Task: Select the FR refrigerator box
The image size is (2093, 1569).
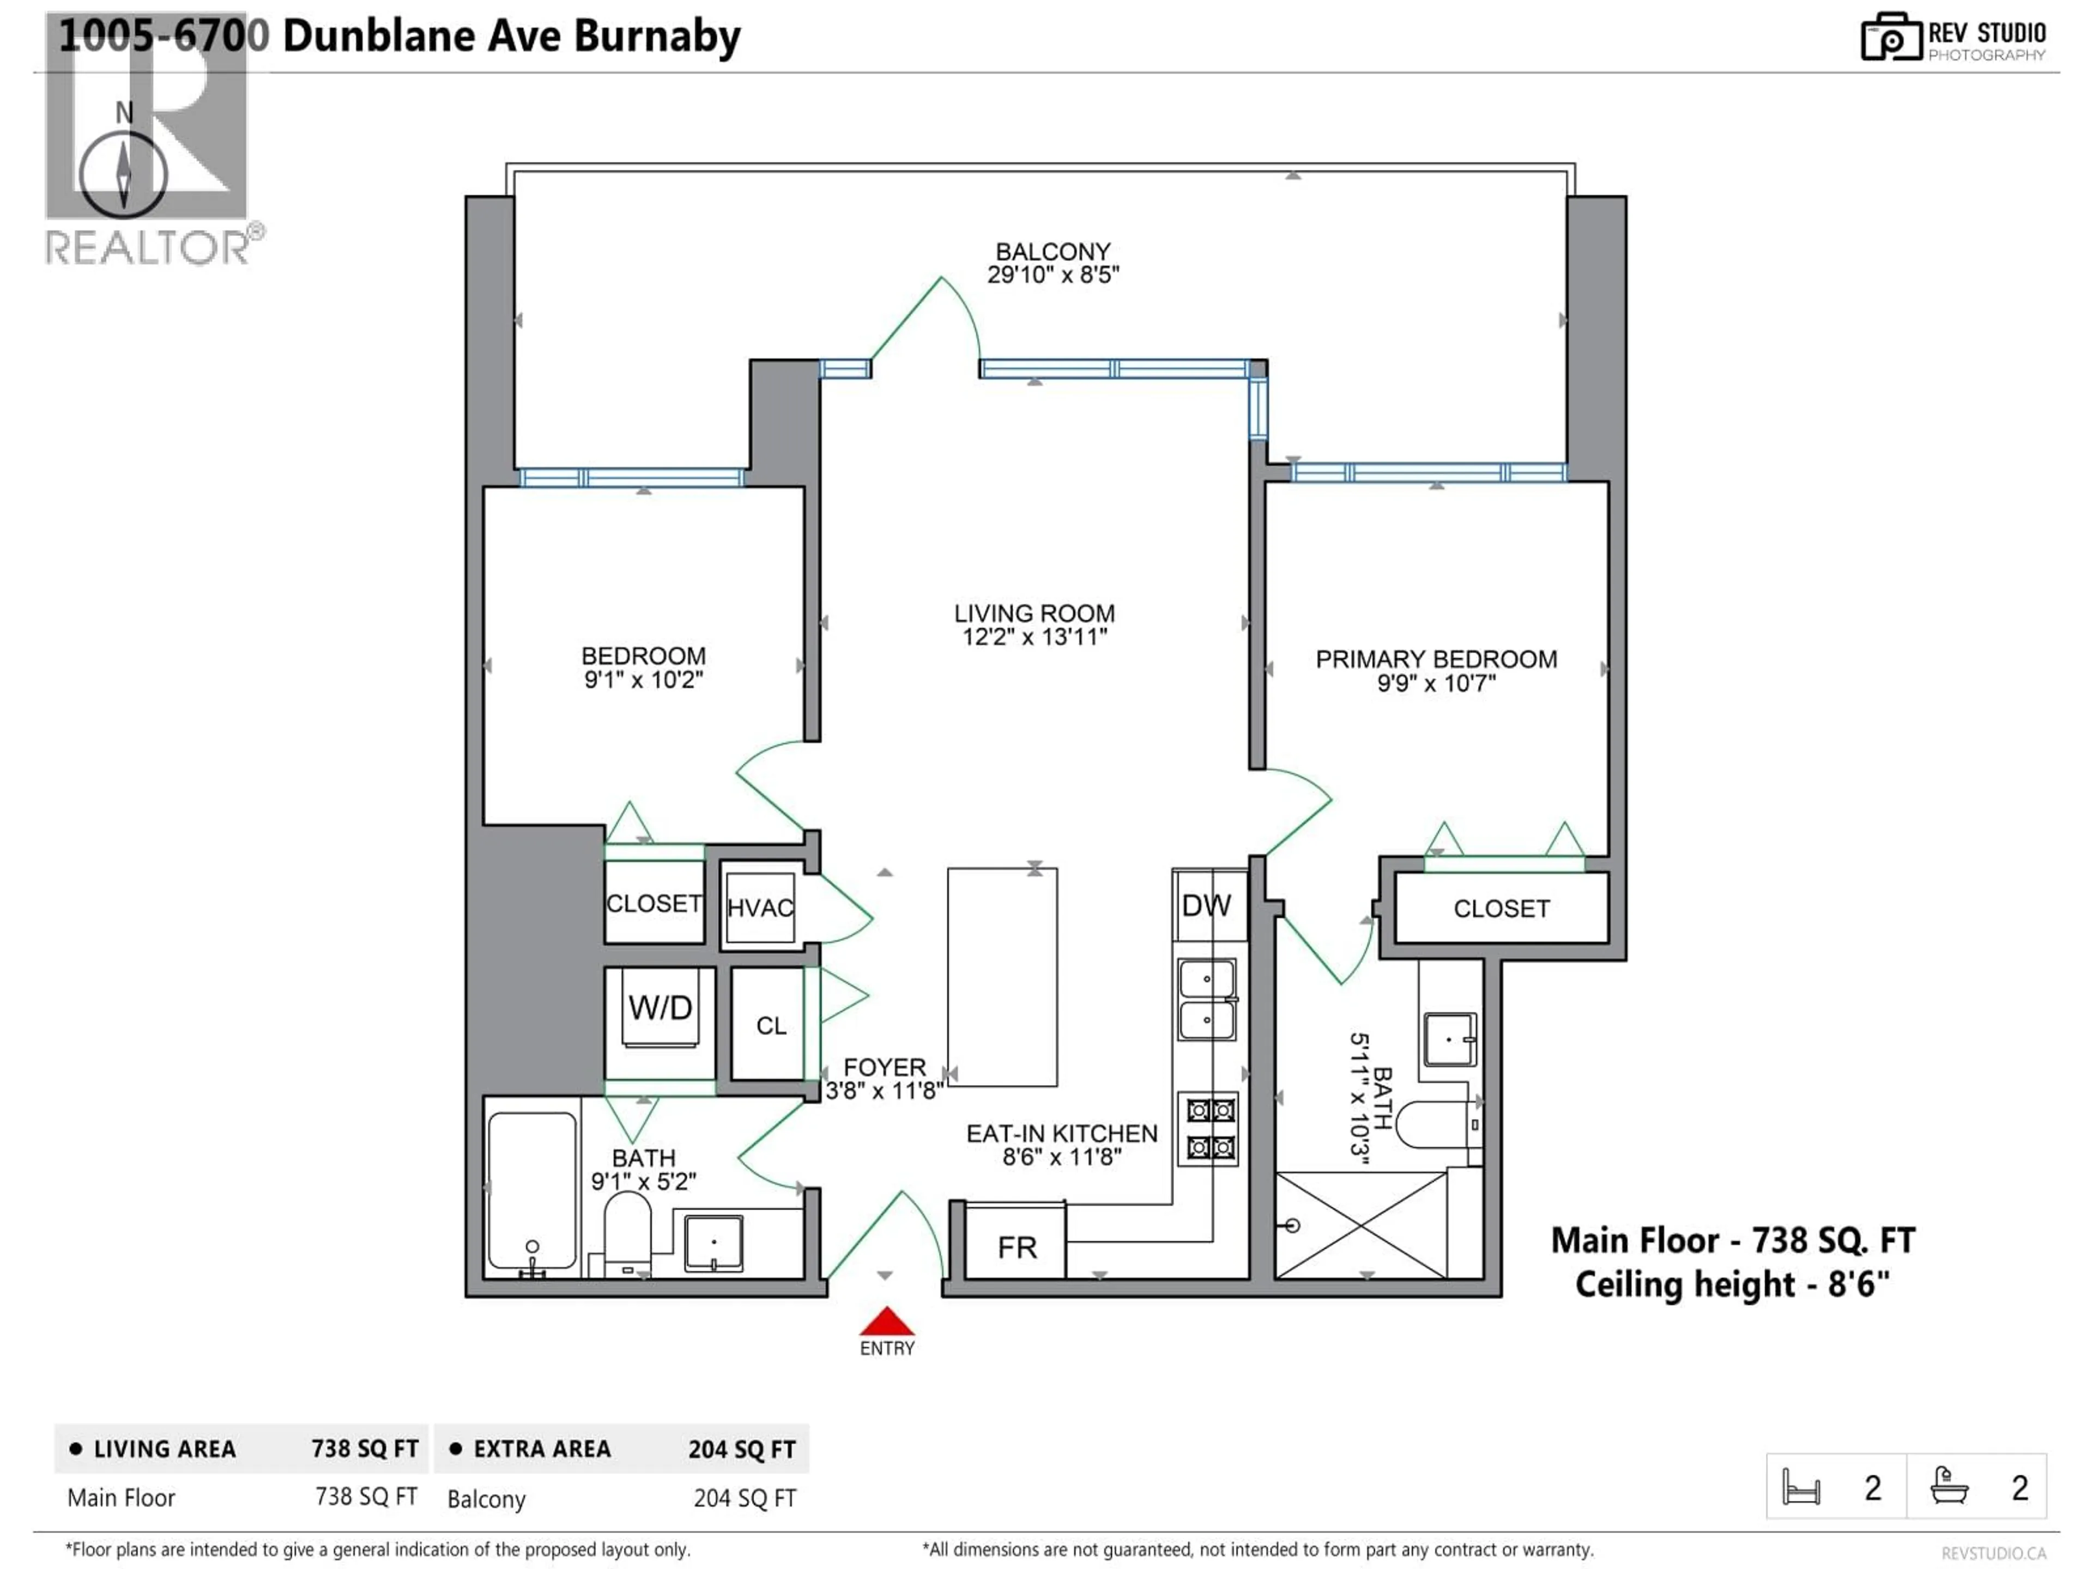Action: click(x=1016, y=1245)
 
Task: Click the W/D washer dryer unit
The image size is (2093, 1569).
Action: click(x=661, y=1008)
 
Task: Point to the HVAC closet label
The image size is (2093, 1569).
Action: click(x=760, y=908)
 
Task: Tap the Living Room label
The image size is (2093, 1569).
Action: click(x=1034, y=614)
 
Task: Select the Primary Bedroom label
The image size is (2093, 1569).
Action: click(x=1435, y=659)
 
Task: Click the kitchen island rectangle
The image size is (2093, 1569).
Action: click(x=1002, y=976)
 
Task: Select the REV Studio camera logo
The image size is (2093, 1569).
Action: click(x=1890, y=38)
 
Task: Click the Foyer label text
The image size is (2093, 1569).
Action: click(x=884, y=1067)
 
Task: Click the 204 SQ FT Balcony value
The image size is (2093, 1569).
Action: click(x=745, y=1498)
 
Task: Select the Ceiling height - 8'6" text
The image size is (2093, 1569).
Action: click(x=1732, y=1284)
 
